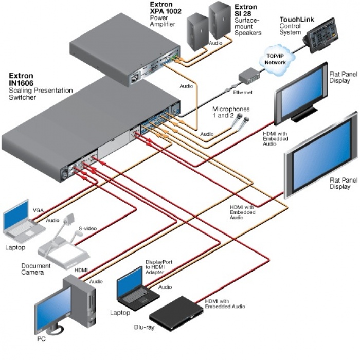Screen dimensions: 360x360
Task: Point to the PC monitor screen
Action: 52,308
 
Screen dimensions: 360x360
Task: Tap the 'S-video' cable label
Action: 87,228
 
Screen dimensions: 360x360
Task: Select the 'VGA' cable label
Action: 39,210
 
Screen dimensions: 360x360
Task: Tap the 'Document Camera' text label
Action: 36,269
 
